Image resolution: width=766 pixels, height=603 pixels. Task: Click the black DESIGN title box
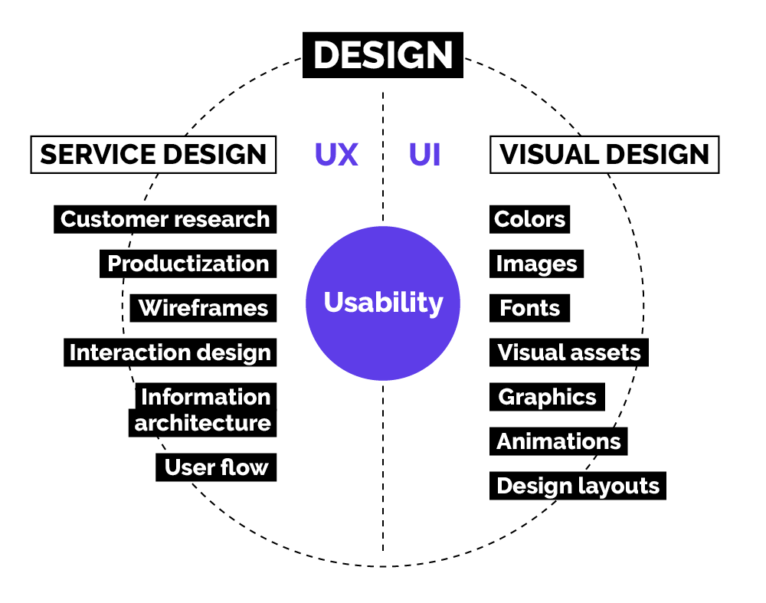382,54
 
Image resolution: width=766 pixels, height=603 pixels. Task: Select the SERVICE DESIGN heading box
153,155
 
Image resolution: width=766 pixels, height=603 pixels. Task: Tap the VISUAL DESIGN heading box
604,155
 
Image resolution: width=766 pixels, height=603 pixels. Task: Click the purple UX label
336,155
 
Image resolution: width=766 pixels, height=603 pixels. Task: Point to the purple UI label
424,155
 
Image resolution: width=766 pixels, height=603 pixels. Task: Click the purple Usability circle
383,303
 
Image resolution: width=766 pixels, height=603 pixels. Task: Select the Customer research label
165,219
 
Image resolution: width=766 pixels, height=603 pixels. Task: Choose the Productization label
188,264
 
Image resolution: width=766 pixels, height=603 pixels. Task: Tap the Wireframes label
203,308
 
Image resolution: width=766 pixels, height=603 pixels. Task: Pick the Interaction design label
170,352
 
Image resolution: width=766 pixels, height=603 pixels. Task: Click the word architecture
203,423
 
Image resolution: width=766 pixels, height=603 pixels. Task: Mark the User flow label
216,467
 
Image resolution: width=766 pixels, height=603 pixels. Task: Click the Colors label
529,219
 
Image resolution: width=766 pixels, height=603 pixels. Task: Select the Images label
536,264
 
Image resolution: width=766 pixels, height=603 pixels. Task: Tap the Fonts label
529,308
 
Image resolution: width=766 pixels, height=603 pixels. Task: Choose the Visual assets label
569,352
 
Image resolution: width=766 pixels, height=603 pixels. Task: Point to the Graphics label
547,397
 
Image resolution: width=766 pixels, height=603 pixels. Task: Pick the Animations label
558,441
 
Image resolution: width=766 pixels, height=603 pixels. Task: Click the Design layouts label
578,486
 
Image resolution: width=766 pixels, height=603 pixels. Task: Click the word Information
205,396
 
